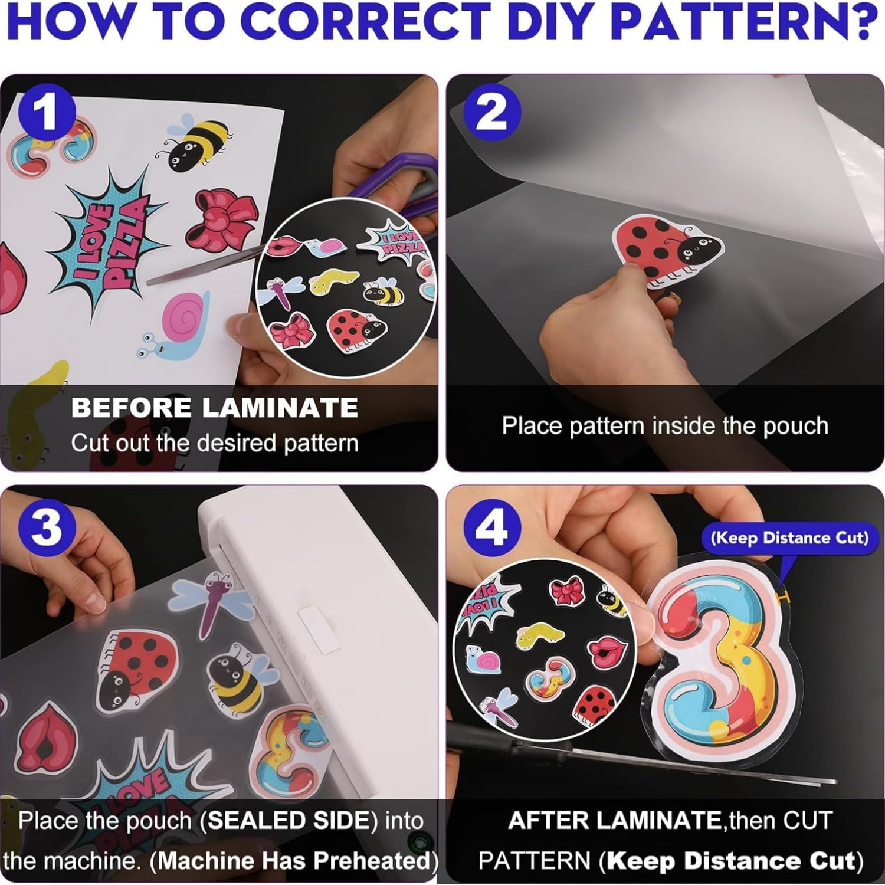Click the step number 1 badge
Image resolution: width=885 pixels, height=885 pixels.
[x=47, y=112]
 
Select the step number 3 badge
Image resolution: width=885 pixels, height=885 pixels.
[x=47, y=527]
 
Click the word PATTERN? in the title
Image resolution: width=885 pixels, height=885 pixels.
[x=749, y=22]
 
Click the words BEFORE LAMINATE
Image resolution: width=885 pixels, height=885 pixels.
[x=215, y=408]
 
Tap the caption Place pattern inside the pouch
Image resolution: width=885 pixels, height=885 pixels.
[x=665, y=425]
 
